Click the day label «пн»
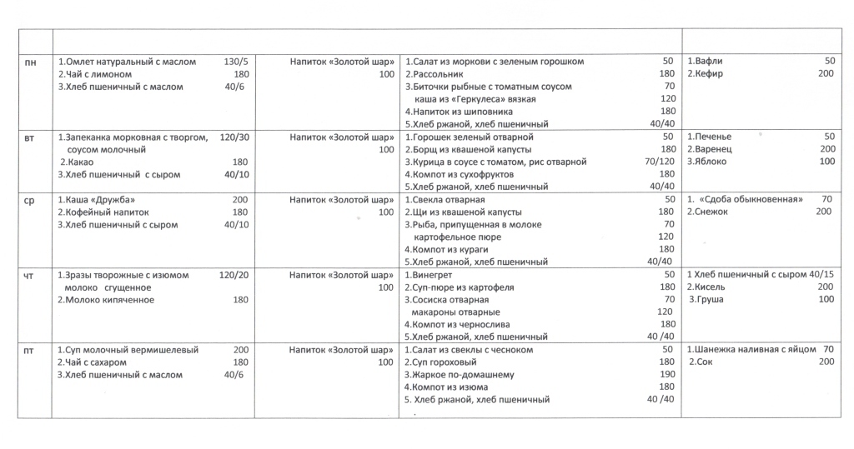coord(29,62)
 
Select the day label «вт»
coord(29,137)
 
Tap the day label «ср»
coord(29,200)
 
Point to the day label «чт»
coord(29,275)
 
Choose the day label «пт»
coord(29,351)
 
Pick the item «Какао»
coord(79,162)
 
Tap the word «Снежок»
coord(711,212)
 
